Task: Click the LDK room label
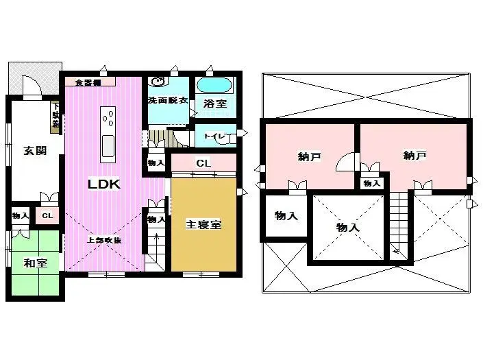point(104,184)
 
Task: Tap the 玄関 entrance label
point(34,151)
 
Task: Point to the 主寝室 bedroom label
point(203,225)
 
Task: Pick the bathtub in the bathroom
point(215,86)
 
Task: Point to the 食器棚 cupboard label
point(87,82)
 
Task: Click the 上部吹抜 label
point(104,240)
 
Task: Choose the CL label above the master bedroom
point(203,163)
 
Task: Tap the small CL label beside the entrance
point(47,216)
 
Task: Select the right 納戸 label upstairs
point(415,156)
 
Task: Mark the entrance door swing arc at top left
point(32,87)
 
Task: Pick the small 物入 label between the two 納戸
point(371,183)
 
